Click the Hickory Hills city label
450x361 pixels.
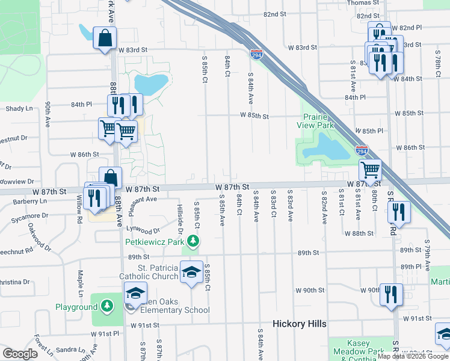pos(299,324)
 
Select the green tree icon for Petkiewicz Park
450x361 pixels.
pos(193,242)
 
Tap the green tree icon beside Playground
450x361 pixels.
pos(107,306)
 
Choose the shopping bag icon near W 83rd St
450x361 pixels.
pos(105,38)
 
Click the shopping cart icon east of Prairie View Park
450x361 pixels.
pos(370,170)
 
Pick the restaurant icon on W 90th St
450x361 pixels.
pos(392,294)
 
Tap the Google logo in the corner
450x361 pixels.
pos(20,354)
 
